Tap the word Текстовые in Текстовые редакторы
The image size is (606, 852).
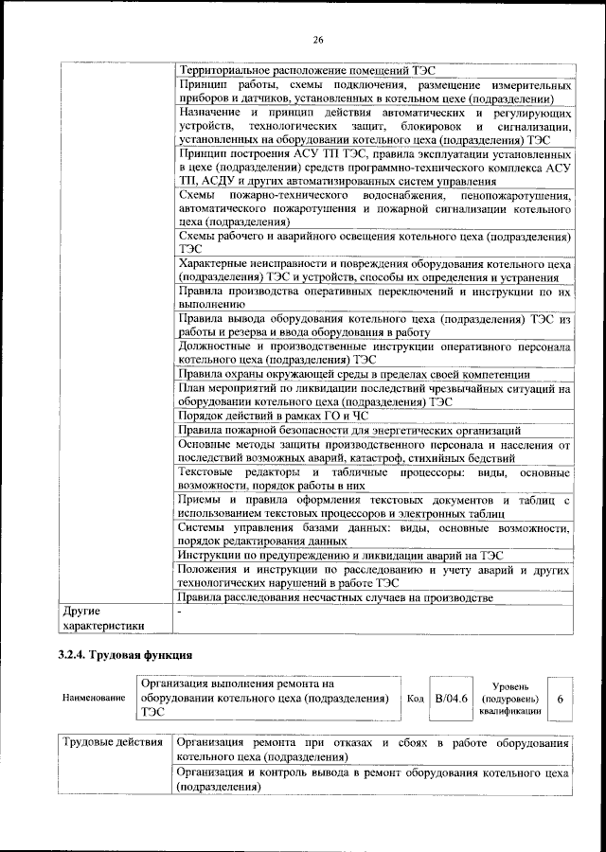click(207, 470)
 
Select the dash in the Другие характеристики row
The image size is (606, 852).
click(180, 613)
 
